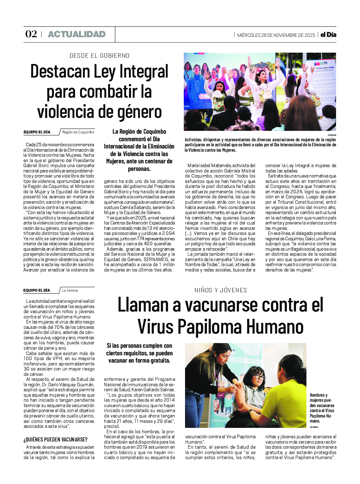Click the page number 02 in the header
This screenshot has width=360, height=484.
[31, 34]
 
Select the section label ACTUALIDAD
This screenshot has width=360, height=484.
[77, 34]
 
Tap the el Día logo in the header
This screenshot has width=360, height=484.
[328, 35]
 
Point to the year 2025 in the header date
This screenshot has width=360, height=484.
[310, 35]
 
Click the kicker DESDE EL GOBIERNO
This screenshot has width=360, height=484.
[100, 56]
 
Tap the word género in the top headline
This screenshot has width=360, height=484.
[142, 112]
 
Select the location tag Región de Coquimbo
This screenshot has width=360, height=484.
[78, 132]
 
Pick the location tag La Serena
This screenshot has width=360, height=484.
[70, 290]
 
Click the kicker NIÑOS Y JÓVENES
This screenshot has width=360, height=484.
[221, 290]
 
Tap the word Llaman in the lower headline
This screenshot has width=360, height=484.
[143, 305]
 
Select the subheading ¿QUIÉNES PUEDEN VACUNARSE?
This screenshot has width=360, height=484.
[55, 440]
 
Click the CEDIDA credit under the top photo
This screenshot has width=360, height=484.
[332, 135]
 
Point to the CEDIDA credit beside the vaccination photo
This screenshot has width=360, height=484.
[314, 427]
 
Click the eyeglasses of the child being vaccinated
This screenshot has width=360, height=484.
[258, 376]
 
